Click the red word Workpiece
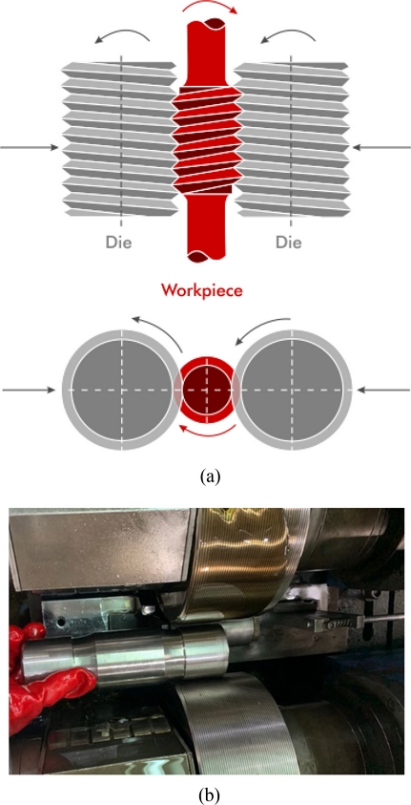(x=202, y=289)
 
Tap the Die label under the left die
(x=119, y=242)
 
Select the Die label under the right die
(x=289, y=242)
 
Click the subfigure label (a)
(x=211, y=477)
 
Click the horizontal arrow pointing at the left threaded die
(x=30, y=147)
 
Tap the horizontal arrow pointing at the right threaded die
(x=380, y=147)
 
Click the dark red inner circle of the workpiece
(x=204, y=390)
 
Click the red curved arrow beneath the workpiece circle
(x=205, y=432)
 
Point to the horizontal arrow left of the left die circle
(x=29, y=390)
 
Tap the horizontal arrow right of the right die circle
(x=382, y=390)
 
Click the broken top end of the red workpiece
(x=206, y=24)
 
